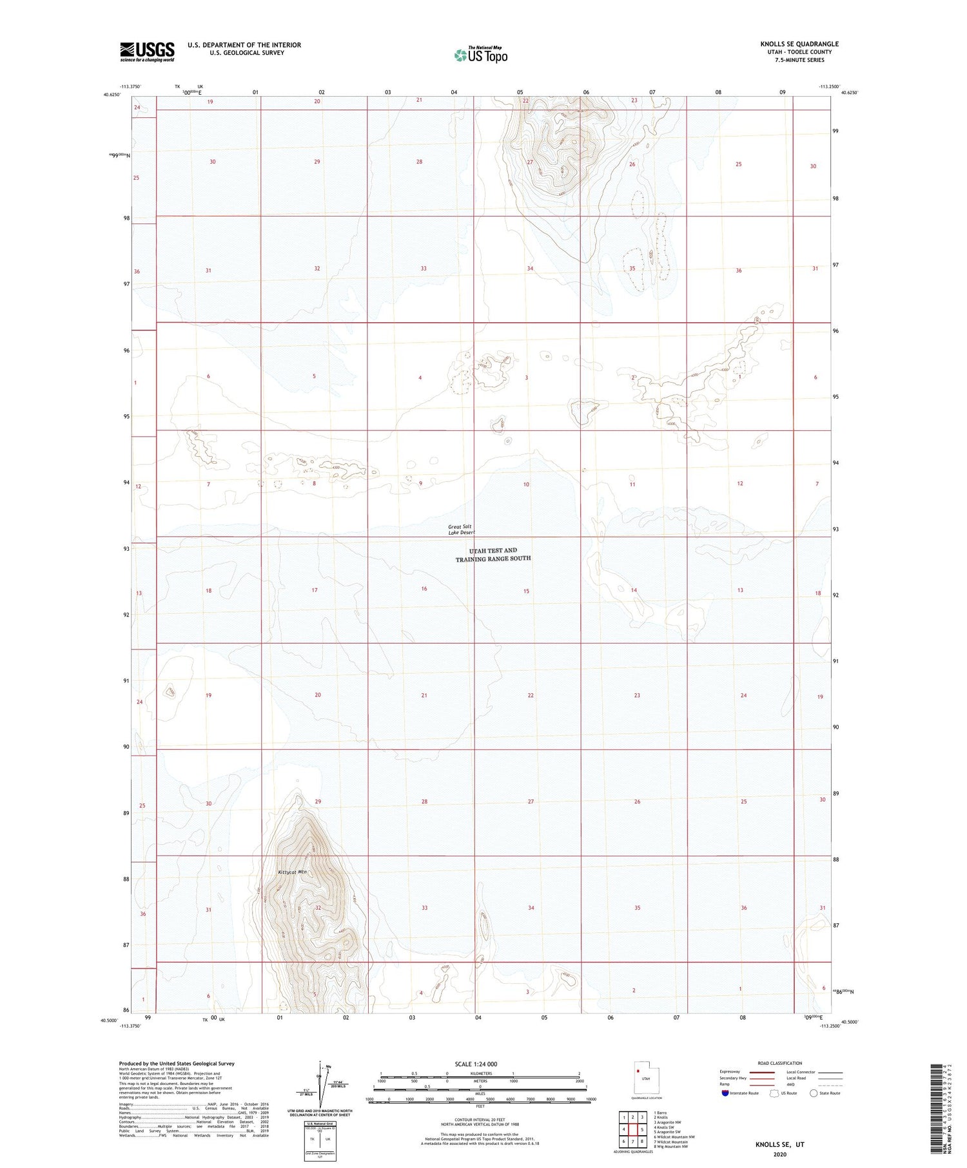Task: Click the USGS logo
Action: (147, 52)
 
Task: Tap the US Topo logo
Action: (480, 55)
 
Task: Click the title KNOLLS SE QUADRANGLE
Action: (799, 44)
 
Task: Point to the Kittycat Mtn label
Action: (291, 872)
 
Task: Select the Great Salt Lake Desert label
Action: (461, 530)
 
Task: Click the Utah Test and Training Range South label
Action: (493, 555)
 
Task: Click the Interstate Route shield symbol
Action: (725, 1093)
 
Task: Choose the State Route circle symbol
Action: (814, 1093)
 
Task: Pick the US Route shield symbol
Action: (774, 1093)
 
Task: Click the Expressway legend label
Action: (730, 1072)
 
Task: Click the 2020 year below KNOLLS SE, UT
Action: (779, 1155)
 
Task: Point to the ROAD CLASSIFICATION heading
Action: (779, 1063)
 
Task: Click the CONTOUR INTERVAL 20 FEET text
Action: (480, 1120)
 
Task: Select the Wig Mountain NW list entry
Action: (672, 1146)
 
